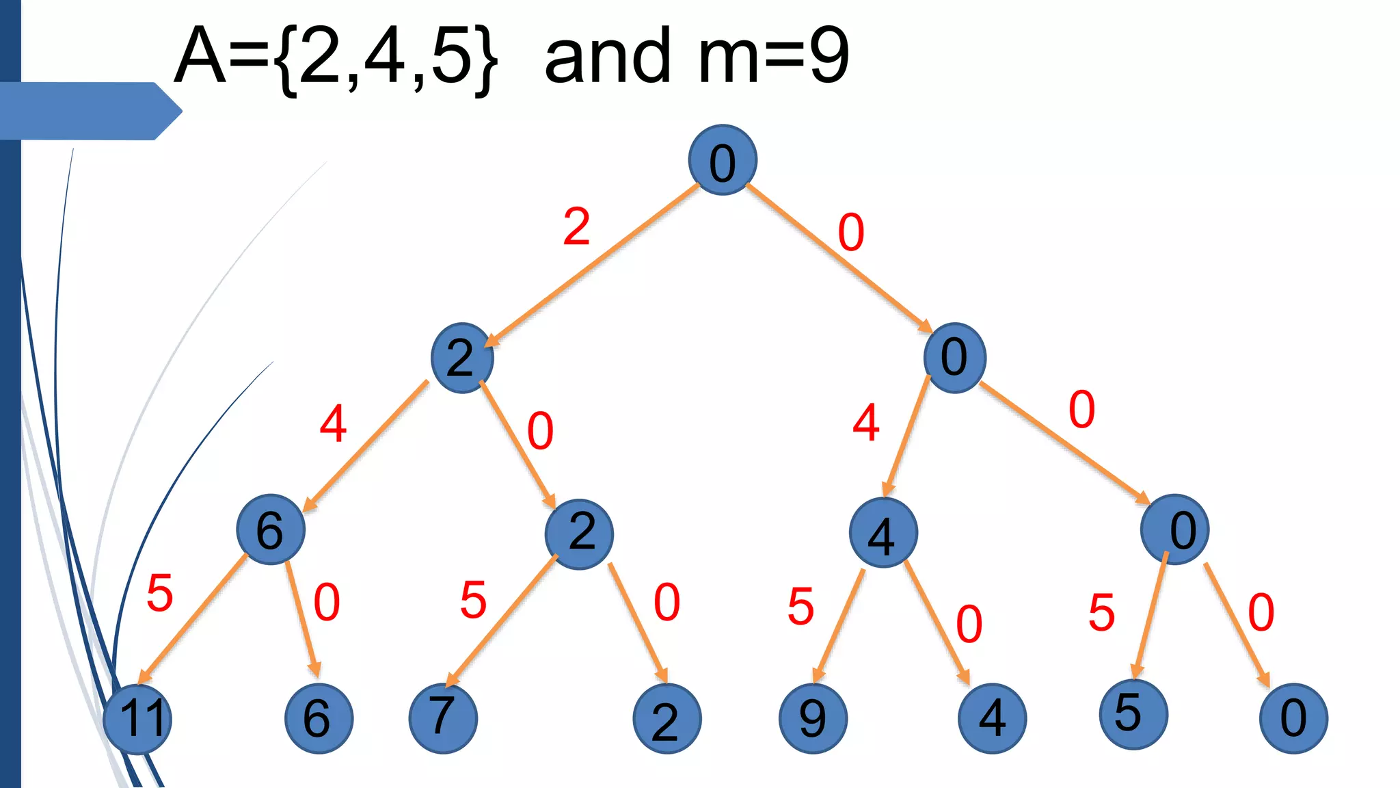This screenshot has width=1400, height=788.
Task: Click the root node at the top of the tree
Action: point(722,160)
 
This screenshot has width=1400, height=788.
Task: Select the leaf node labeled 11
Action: point(138,718)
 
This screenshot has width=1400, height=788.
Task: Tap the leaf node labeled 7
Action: point(443,718)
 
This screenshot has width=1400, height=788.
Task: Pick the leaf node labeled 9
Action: point(813,718)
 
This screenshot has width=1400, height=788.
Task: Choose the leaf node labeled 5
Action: point(1133,714)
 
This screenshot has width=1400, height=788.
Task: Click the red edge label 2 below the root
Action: point(576,226)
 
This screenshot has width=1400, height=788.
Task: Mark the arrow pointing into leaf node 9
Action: point(839,626)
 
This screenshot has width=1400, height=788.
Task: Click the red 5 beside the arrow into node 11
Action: point(160,592)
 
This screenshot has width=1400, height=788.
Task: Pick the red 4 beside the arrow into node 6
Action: point(333,423)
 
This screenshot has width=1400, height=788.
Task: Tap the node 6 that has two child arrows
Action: point(271,529)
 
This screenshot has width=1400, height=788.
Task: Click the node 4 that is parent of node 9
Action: point(883,533)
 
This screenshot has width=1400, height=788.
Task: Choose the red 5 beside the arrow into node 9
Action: point(800,606)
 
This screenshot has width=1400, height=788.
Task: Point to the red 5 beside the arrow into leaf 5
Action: point(1101,612)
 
